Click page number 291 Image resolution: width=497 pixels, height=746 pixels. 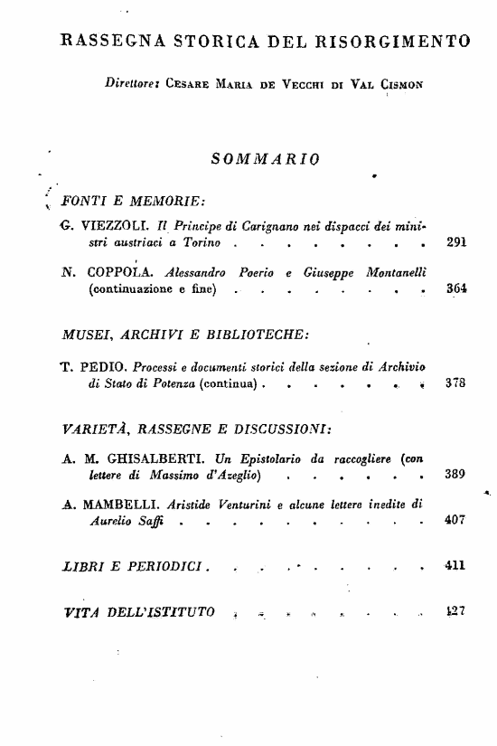(455, 244)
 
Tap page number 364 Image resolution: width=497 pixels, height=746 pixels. (455, 290)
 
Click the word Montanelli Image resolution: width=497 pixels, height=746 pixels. (400, 272)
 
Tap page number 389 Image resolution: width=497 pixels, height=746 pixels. (455, 475)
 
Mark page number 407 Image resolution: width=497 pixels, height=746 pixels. (455, 522)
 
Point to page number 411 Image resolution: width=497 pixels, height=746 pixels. (455, 567)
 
